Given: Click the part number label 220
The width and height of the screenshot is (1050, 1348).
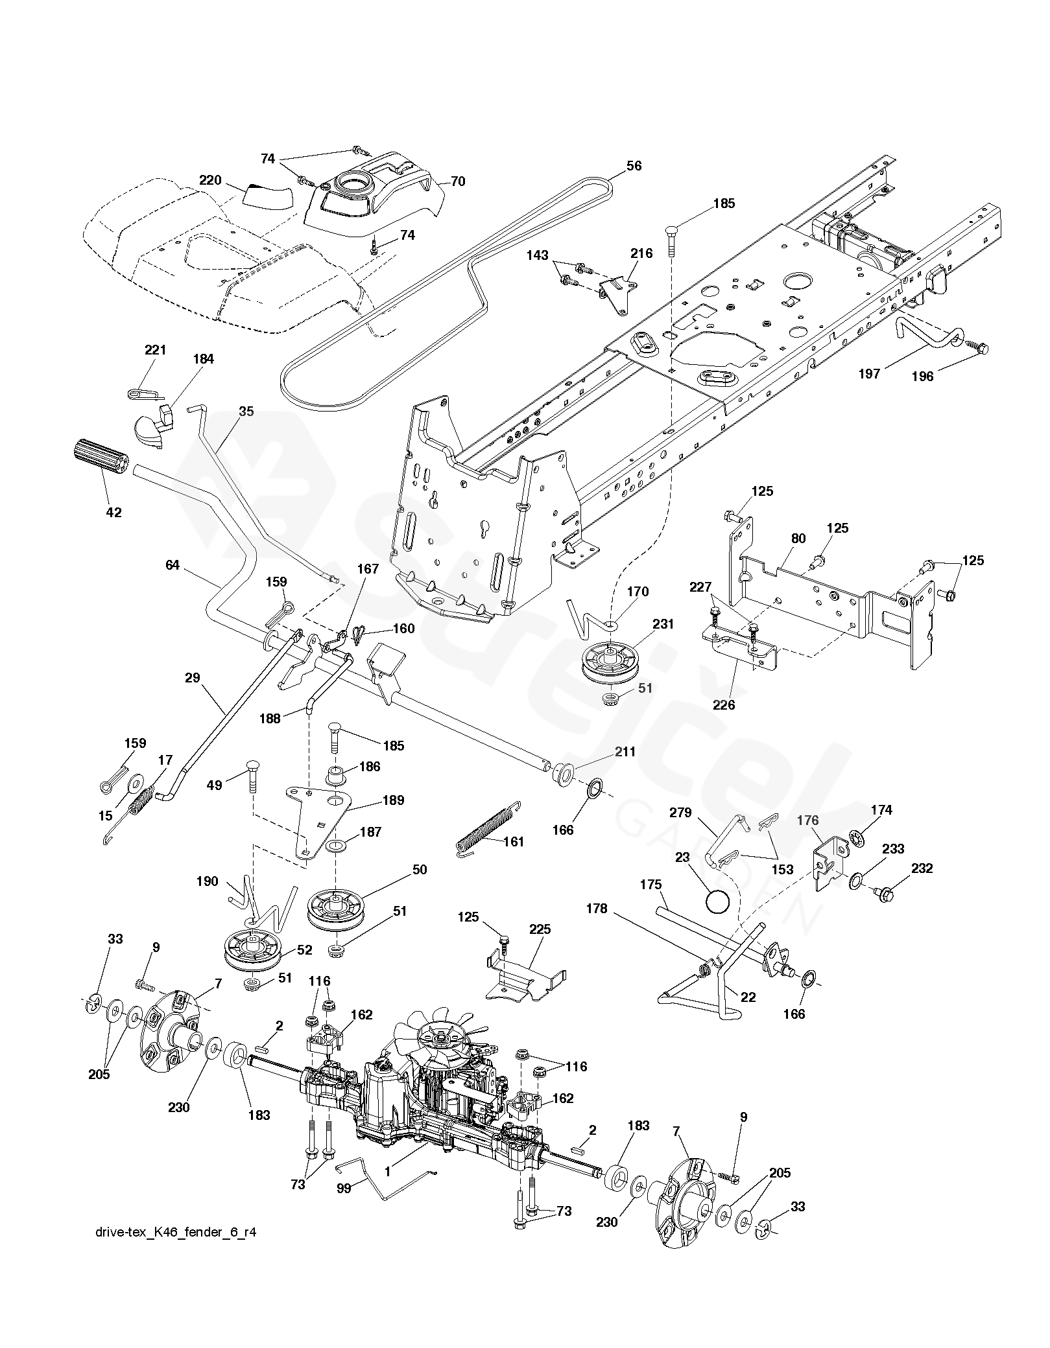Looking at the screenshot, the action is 211,181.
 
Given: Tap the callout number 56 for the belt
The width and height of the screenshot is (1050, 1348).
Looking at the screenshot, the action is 634,166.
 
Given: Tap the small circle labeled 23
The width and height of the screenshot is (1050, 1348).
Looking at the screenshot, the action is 718,903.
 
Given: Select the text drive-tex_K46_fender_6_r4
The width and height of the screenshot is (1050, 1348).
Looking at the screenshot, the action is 175,1251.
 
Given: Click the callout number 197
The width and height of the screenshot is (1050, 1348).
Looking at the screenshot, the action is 868,373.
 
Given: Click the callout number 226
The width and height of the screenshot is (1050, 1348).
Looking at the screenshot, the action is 724,705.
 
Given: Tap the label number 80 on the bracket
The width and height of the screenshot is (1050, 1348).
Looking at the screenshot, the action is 798,539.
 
